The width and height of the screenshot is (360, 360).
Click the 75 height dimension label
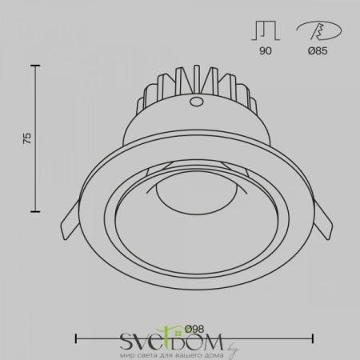[27, 138]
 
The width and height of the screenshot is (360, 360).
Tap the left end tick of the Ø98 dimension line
[77, 337]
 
